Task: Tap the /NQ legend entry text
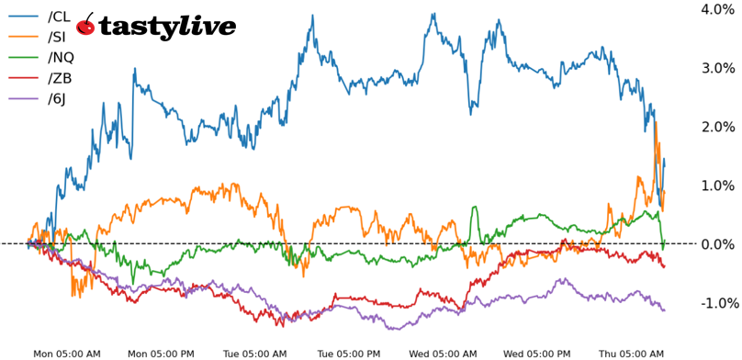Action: click(61, 58)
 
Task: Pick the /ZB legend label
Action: click(60, 78)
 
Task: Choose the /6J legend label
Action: click(58, 98)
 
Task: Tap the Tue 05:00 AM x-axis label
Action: click(255, 353)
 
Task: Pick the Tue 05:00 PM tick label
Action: click(349, 353)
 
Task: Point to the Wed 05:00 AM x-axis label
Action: click(443, 353)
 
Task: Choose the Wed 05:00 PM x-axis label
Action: click(537, 353)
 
